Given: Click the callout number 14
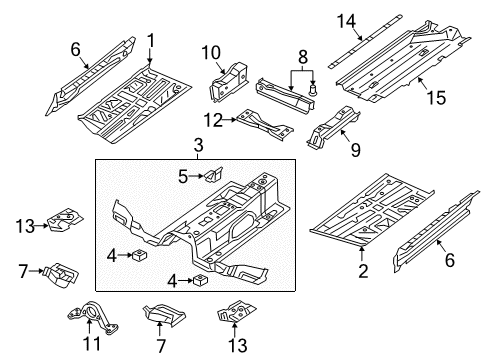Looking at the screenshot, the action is click(346, 21).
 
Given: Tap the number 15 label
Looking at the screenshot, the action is click(436, 98).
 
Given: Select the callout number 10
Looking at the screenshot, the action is click(211, 53).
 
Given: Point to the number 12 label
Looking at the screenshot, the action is click(213, 120).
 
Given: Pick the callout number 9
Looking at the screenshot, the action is click(356, 150).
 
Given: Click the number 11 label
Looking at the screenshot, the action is click(91, 343).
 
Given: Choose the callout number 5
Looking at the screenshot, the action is click(183, 176).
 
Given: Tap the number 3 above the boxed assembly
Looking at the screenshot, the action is click(198, 146).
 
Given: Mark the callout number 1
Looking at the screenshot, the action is click(151, 41).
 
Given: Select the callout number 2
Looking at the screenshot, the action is click(363, 271).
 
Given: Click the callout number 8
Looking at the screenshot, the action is click(303, 57).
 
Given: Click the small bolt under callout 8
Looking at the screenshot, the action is click(312, 90).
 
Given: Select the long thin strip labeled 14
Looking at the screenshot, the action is click(365, 41).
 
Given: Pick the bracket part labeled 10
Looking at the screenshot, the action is click(228, 82).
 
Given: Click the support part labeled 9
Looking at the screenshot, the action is click(333, 128).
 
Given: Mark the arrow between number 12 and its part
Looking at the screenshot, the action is click(230, 119).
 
